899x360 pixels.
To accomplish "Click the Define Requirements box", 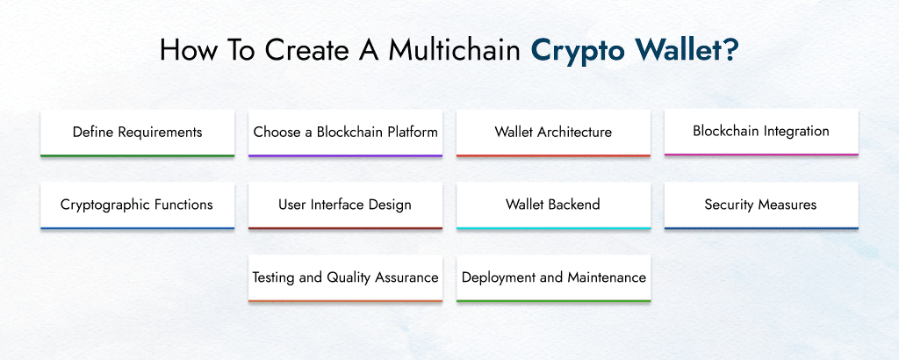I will tap(137, 133).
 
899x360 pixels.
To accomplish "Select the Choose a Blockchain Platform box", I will tap(345, 133).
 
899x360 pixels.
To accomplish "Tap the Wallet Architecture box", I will tap(553, 133).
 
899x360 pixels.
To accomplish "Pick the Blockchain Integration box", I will tap(761, 132).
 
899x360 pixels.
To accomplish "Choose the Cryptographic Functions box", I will tap(137, 205).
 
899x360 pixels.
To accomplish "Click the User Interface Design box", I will tap(345, 205).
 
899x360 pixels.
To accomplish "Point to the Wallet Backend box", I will tap(553, 205).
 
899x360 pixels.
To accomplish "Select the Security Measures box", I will tap(761, 205).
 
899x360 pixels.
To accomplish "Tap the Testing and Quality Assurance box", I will tap(345, 277).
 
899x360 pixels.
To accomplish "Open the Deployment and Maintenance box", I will tap(553, 277).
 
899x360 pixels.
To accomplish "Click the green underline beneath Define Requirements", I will tap(137, 155).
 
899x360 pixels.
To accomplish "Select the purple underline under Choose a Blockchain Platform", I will tap(345, 155).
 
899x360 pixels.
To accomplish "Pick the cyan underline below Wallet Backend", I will tap(553, 228).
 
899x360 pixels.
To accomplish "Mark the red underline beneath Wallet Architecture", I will tap(553, 155).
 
